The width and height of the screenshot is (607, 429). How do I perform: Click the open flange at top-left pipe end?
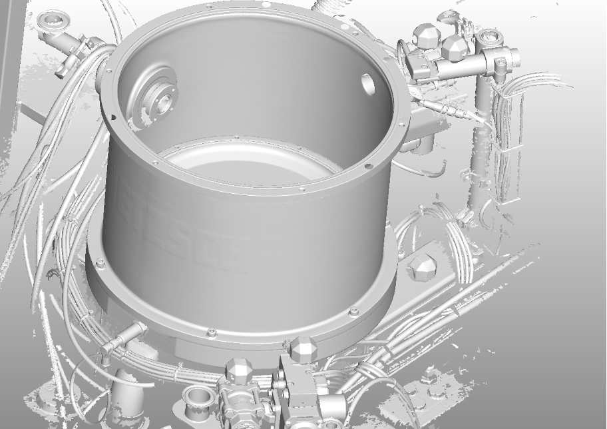click(53, 22)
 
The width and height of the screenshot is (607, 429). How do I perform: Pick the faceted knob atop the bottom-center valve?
click(238, 370)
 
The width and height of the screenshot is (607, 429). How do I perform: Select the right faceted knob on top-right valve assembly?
click(455, 47)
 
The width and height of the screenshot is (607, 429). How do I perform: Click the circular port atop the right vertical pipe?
click(493, 35)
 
